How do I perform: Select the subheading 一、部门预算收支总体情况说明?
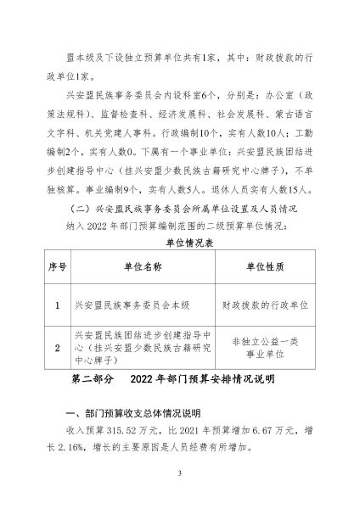(x=132, y=413)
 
